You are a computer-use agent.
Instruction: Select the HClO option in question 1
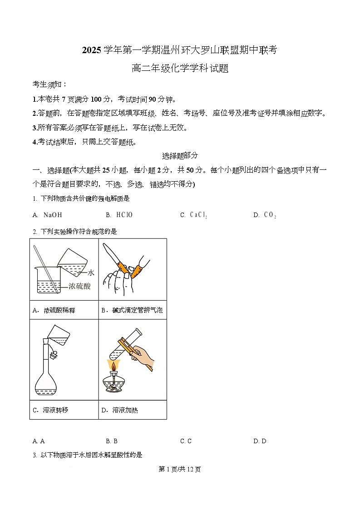click(124, 215)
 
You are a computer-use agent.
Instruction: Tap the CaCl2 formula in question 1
click(198, 215)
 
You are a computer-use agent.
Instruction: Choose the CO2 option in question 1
click(270, 215)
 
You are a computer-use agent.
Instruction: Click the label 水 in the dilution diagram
click(91, 272)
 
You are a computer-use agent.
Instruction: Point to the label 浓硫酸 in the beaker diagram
click(80, 286)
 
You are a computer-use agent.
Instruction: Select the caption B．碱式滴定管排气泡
click(132, 310)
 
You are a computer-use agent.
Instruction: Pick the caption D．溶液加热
click(119, 410)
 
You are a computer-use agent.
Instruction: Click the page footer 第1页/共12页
click(180, 469)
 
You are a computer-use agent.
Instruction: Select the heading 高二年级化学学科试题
click(180, 69)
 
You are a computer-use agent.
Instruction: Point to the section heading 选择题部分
click(180, 155)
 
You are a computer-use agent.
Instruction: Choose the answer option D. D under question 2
click(260, 441)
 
